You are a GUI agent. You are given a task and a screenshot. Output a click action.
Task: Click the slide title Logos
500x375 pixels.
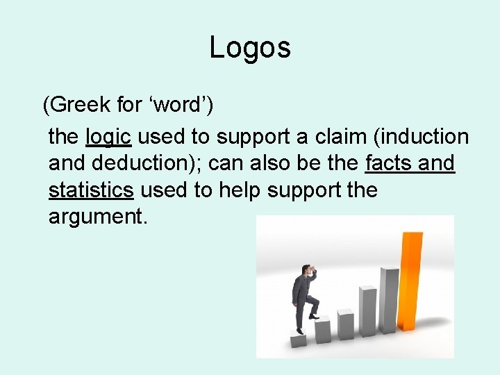pyautogui.click(x=250, y=48)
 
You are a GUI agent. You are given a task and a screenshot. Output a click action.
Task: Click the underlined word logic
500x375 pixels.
pyautogui.click(x=108, y=137)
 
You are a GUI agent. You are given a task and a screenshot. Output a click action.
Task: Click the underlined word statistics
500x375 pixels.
pyautogui.click(x=91, y=190)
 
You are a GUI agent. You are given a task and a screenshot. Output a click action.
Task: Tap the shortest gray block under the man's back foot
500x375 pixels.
pyautogui.click(x=298, y=340)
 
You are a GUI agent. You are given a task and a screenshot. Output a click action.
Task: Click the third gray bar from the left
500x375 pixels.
pyautogui.click(x=344, y=324)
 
